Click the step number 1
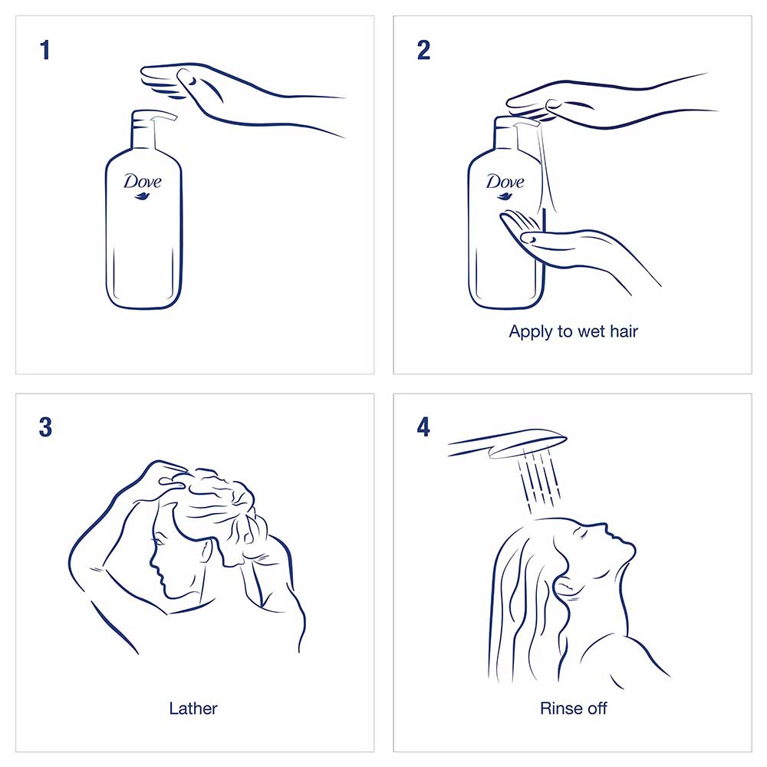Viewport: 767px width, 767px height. pyautogui.click(x=45, y=50)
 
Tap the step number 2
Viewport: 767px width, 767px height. pyautogui.click(x=423, y=50)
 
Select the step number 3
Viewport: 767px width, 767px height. pyautogui.click(x=45, y=427)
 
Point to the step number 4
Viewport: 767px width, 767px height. pyautogui.click(x=423, y=427)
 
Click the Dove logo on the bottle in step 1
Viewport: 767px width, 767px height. pyautogui.click(x=143, y=186)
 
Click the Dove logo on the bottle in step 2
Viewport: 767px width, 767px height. pyautogui.click(x=505, y=186)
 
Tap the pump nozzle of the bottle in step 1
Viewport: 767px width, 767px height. pyautogui.click(x=164, y=116)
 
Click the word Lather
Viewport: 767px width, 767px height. pyautogui.click(x=193, y=708)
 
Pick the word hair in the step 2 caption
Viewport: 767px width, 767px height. pyautogui.click(x=624, y=331)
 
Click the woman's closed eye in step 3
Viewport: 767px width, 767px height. pyautogui.click(x=157, y=542)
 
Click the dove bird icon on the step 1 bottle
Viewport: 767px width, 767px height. pyautogui.click(x=142, y=196)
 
